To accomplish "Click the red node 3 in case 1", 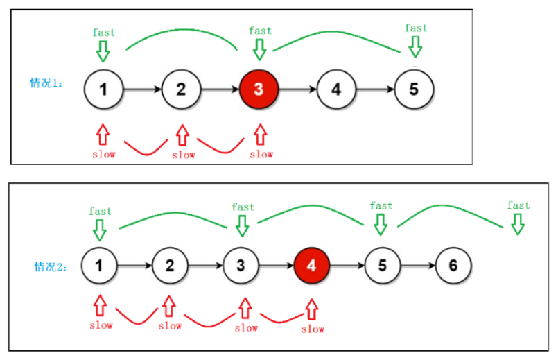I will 259,89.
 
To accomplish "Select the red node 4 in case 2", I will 312,265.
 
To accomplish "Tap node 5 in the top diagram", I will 414,89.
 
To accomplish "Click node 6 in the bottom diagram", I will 453,265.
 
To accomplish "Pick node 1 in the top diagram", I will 103,89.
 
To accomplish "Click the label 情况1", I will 46,83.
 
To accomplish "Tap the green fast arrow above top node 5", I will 415,46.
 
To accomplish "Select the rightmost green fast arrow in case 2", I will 517,224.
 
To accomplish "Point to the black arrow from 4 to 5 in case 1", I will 374,89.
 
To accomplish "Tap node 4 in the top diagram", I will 336,89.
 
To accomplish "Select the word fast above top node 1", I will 104,32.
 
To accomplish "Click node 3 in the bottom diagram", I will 241,265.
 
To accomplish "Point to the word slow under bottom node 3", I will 245,327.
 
